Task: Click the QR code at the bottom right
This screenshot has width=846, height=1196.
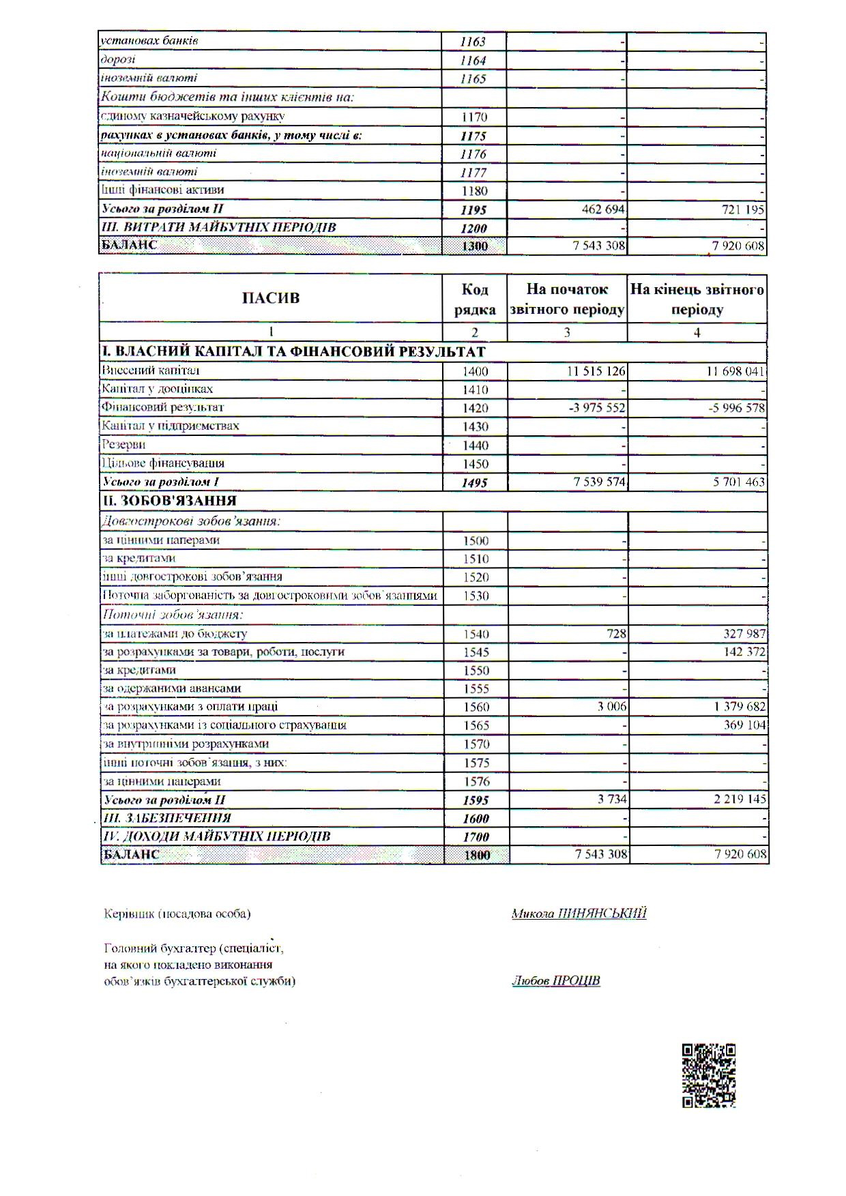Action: click(709, 1075)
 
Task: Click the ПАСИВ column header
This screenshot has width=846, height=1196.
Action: click(270, 298)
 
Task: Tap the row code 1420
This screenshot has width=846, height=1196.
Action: click(476, 408)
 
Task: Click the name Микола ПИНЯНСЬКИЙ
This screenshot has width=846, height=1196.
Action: click(579, 914)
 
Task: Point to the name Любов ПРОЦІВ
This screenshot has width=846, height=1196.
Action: click(556, 981)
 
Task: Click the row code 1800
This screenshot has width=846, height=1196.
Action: click(477, 855)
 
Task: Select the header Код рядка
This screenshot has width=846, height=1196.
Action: click(475, 299)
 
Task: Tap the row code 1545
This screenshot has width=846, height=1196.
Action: click(476, 652)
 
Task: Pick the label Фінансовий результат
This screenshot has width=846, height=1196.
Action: click(163, 407)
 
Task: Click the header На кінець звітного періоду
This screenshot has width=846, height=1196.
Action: click(697, 299)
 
